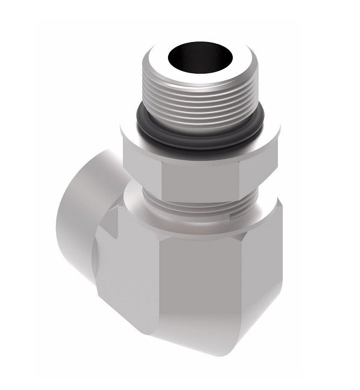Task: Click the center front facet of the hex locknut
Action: tap(201, 174)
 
